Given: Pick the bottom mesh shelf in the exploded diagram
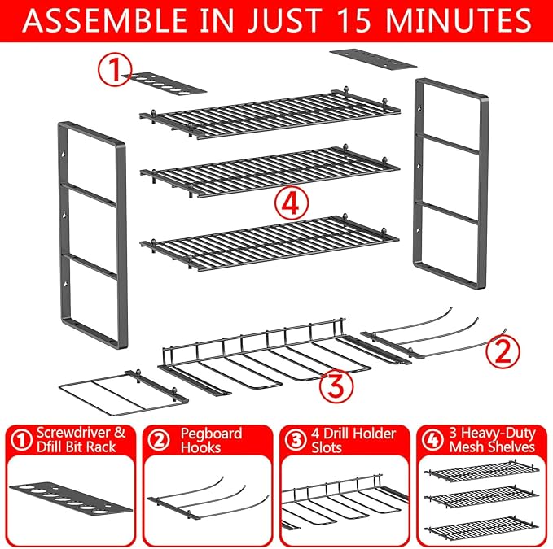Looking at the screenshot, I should tap(270, 242).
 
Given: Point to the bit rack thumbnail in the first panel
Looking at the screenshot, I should tap(72, 497).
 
